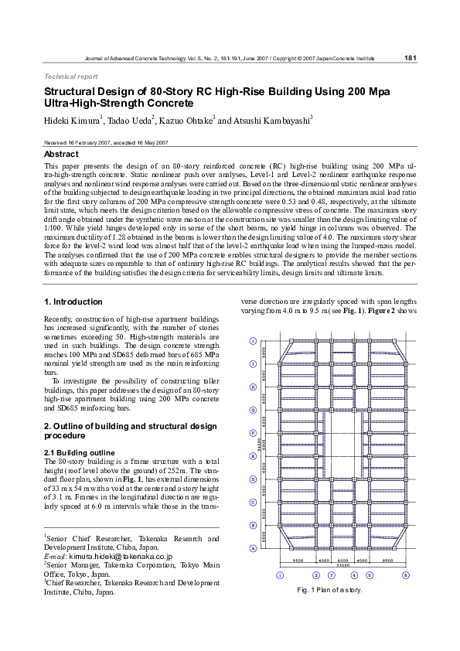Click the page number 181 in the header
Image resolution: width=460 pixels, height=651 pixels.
tap(411, 58)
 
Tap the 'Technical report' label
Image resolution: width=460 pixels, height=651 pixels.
tap(71, 77)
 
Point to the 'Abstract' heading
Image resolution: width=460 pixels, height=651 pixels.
tap(61, 155)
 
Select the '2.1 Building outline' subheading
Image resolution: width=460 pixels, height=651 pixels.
tap(80, 452)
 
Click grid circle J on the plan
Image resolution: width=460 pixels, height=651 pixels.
tap(253, 341)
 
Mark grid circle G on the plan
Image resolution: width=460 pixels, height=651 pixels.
tap(253, 410)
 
